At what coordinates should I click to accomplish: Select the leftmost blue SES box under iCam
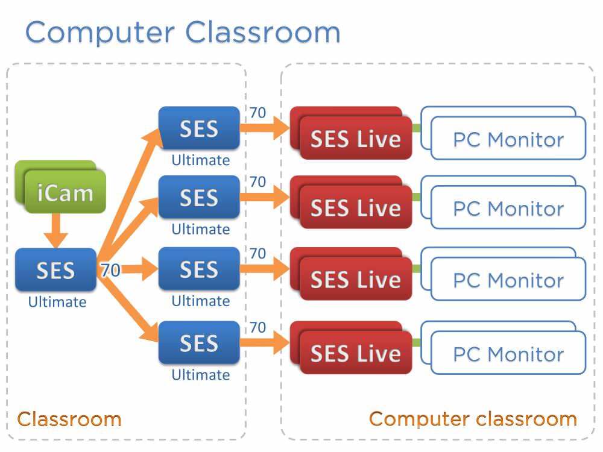55,269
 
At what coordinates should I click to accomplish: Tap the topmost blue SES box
198,128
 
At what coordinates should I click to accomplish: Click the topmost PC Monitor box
508,139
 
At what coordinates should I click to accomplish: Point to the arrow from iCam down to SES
56,230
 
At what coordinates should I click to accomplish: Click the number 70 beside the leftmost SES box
110,271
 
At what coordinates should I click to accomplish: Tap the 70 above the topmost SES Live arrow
257,113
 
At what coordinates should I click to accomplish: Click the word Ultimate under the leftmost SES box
57,302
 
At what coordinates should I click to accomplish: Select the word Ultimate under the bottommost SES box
200,375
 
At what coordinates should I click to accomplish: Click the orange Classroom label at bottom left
69,419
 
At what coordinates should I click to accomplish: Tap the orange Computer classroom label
473,419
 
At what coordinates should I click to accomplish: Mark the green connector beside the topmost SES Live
417,128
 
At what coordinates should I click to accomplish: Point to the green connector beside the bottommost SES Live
417,342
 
